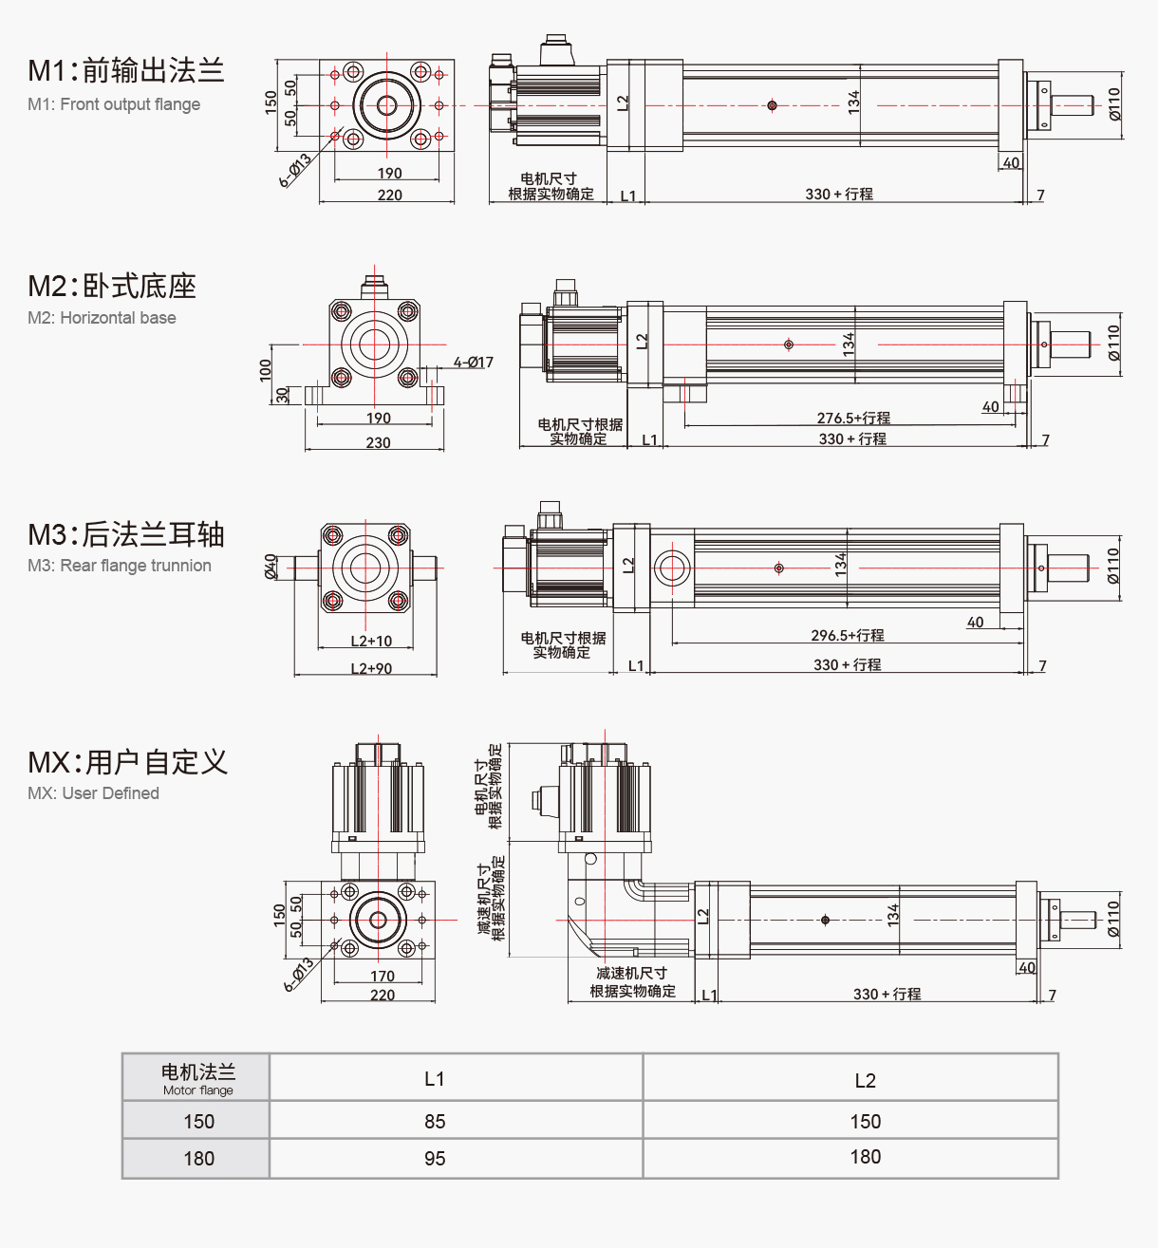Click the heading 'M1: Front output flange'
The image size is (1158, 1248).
tap(114, 104)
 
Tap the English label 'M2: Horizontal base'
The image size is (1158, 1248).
tap(102, 318)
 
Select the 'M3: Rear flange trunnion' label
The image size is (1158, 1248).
tap(120, 566)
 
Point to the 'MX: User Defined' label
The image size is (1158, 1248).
tap(93, 793)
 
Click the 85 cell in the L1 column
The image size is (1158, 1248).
tap(435, 1121)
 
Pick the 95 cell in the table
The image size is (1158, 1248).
tap(435, 1159)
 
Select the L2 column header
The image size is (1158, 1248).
tap(865, 1080)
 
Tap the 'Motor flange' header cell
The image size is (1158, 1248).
tap(197, 1078)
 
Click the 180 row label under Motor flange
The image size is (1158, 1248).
tap(198, 1159)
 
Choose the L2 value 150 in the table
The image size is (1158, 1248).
tap(865, 1121)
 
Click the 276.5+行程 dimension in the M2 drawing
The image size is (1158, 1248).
tap(853, 418)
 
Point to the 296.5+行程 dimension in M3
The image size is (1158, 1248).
tap(847, 635)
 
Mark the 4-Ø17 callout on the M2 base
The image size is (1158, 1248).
tap(473, 363)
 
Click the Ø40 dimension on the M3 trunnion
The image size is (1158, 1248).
tap(271, 567)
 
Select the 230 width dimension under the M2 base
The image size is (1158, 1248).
tap(378, 442)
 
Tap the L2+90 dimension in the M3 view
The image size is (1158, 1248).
tap(371, 668)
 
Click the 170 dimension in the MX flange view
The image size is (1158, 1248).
tap(383, 976)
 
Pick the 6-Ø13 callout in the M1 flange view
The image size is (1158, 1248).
tap(296, 171)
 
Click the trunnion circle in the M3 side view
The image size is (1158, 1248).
tap(672, 568)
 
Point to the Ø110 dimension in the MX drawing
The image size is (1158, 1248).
tap(1113, 919)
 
